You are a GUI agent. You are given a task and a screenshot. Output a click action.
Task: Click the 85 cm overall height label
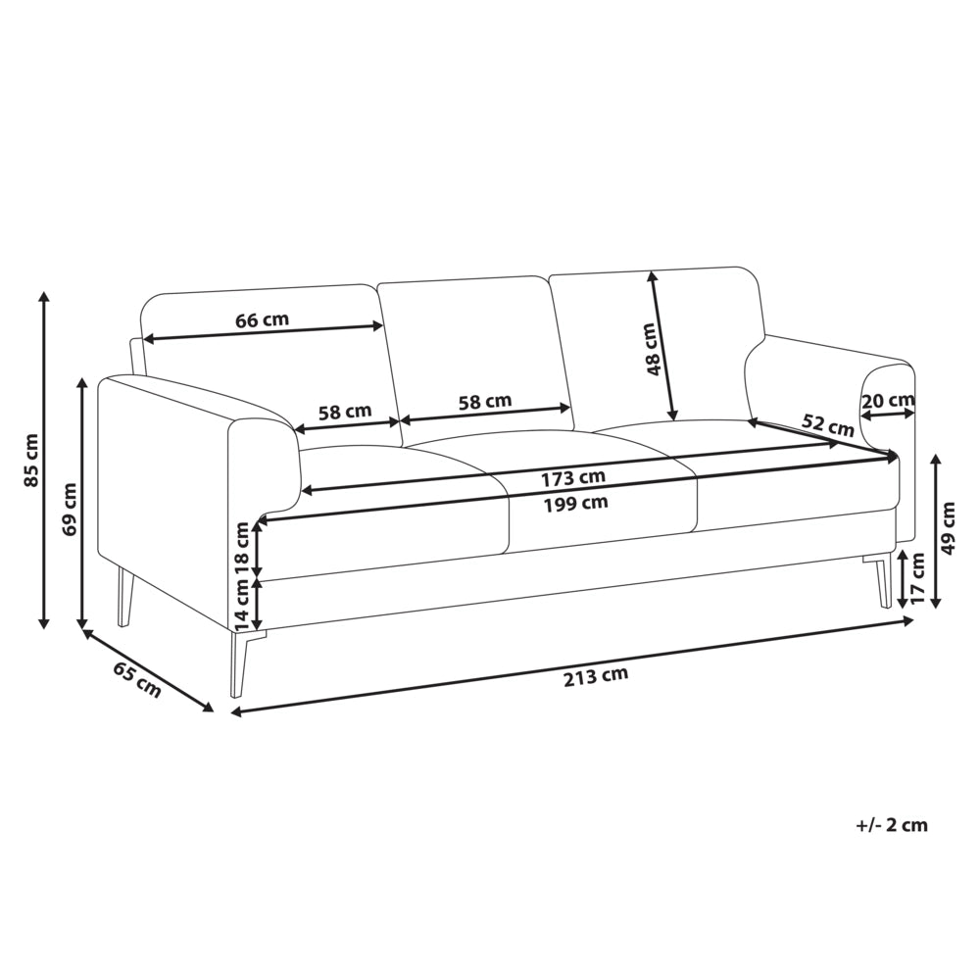point(30,460)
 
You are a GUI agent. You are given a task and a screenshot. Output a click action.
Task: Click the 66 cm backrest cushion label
point(262,320)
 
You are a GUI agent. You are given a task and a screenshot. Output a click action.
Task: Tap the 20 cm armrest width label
point(888,400)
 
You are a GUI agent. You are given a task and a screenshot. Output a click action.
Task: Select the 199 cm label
point(575,503)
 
